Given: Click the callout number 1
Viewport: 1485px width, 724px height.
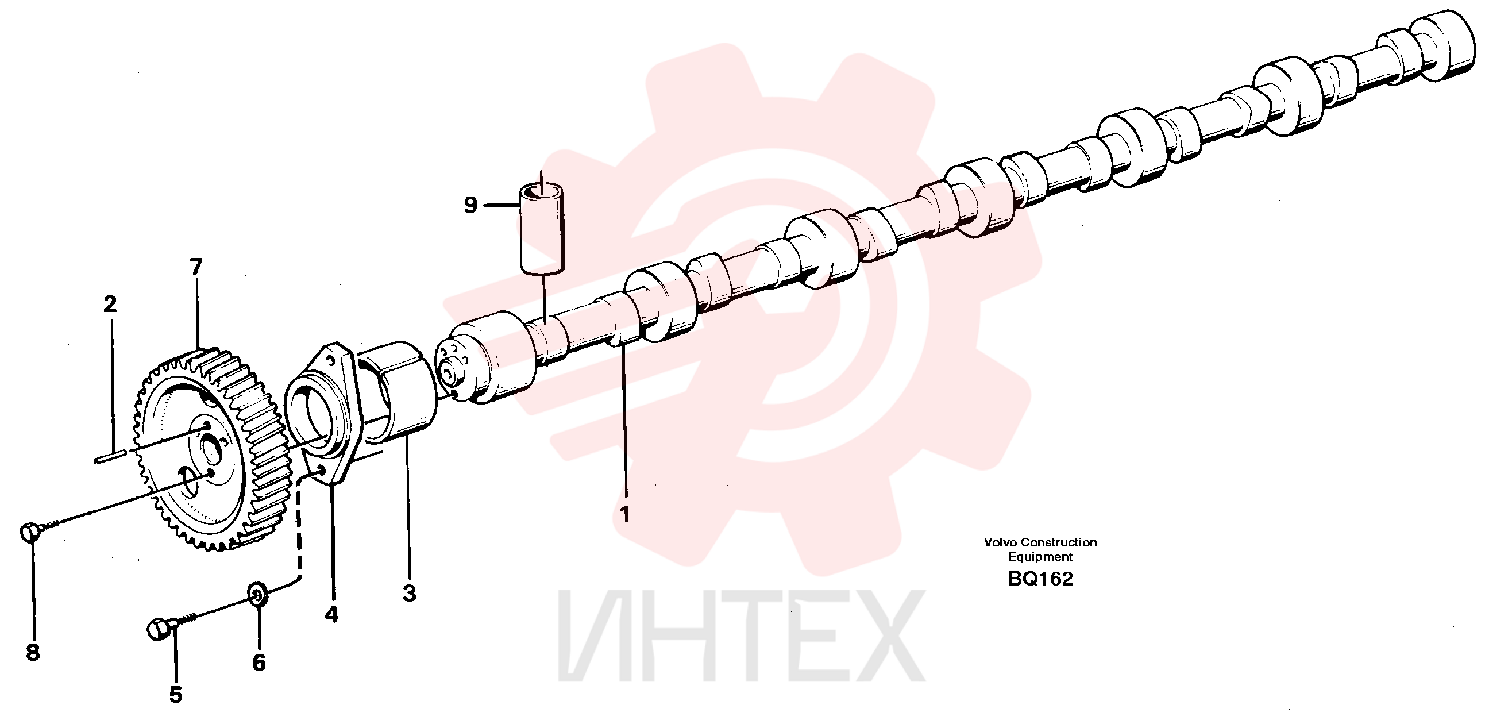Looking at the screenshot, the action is click(x=625, y=514).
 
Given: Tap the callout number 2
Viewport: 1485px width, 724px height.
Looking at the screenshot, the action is click(x=110, y=304).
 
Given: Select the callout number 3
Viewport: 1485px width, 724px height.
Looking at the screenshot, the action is click(x=409, y=593).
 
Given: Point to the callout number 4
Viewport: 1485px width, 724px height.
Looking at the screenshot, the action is click(x=331, y=615).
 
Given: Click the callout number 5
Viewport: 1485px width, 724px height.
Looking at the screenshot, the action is click(x=176, y=695).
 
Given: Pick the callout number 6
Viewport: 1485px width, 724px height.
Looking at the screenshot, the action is click(x=259, y=663).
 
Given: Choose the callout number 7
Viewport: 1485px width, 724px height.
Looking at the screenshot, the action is click(x=196, y=267).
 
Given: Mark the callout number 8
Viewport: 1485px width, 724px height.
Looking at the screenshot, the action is click(x=33, y=653).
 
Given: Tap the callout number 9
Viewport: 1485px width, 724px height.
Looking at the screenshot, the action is click(x=471, y=205).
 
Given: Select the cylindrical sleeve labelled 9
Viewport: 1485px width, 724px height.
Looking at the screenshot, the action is click(x=542, y=228).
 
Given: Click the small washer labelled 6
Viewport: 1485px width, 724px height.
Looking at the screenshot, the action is click(x=258, y=595).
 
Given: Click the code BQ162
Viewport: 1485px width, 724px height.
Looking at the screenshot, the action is click(x=1040, y=579).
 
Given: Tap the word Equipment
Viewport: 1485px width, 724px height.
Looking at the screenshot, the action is click(x=1040, y=557).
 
